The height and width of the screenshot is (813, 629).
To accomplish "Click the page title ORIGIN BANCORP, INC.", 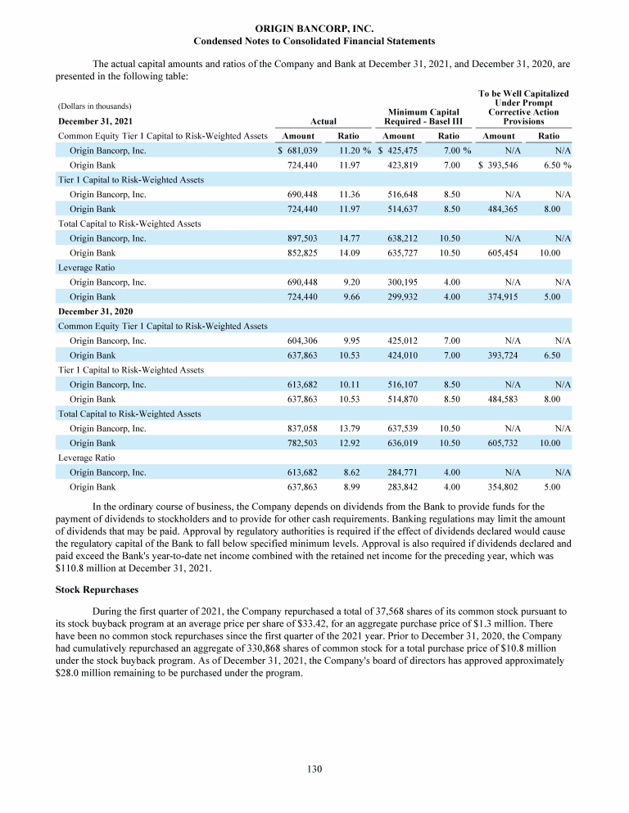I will tap(314, 29).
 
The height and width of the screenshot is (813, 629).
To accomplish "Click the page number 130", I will tap(314, 769).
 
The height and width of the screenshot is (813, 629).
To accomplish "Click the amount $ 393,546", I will tap(498, 165).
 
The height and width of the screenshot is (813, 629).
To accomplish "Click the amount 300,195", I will tap(401, 282).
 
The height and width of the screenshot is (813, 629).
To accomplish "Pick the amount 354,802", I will tap(501, 487).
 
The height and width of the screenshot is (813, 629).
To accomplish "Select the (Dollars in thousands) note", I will tap(95, 106).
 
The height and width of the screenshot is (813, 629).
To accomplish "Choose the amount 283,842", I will tap(401, 487).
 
